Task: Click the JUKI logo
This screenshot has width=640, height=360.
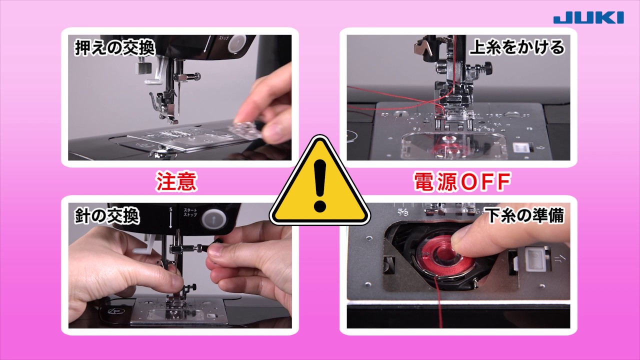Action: (588, 18)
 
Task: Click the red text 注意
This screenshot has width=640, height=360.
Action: (176, 181)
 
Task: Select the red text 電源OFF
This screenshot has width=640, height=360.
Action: (462, 181)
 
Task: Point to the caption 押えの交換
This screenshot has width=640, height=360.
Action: (115, 47)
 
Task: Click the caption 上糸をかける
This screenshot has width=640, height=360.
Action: (517, 47)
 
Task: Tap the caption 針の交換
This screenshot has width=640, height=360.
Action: (107, 215)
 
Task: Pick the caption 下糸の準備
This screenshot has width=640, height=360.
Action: (524, 215)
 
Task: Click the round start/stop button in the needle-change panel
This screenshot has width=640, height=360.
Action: (213, 219)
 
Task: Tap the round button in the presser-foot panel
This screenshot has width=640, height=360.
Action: (237, 43)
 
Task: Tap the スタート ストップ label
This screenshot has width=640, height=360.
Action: (190, 212)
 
